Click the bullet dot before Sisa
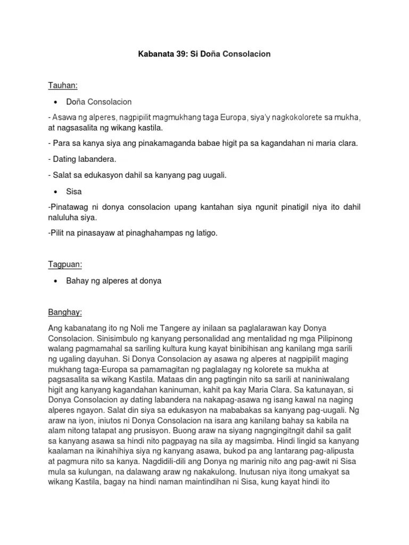[x=56, y=191]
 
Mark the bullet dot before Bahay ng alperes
[x=56, y=281]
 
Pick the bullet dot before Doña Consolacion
[x=56, y=101]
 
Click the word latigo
[x=204, y=233]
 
